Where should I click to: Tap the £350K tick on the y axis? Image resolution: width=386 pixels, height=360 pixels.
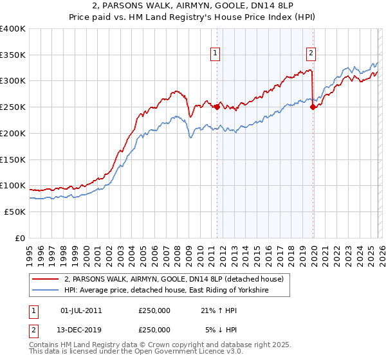pyautogui.click(x=13, y=55)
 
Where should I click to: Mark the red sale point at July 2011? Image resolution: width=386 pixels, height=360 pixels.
pyautogui.click(x=217, y=107)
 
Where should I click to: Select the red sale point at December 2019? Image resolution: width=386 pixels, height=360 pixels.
pyautogui.click(x=313, y=107)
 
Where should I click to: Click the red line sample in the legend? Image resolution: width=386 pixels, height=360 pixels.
pyautogui.click(x=45, y=279)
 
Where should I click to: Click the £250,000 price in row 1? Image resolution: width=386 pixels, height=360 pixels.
pyautogui.click(x=154, y=310)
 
